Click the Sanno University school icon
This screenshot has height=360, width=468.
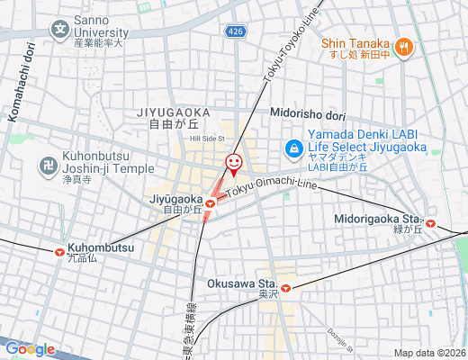pyautogui.click(x=58, y=30)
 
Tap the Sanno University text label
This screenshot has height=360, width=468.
pyautogui.click(x=102, y=31)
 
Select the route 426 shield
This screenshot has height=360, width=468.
pyautogui.click(x=234, y=31)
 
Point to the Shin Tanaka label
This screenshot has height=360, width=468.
pyautogui.click(x=356, y=43)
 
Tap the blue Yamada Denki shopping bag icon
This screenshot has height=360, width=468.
pyautogui.click(x=292, y=148)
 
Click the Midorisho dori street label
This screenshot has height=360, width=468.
pyautogui.click(x=308, y=114)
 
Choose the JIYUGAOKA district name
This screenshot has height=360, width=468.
pyautogui.click(x=174, y=112)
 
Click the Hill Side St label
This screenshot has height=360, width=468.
pyautogui.click(x=206, y=139)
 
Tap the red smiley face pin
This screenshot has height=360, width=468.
pyautogui.click(x=233, y=163)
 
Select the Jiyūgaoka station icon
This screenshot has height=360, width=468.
pyautogui.click(x=210, y=204)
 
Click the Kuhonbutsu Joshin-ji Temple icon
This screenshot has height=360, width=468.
pyautogui.click(x=47, y=166)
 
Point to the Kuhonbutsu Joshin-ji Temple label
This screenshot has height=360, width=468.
pyautogui.click(x=109, y=166)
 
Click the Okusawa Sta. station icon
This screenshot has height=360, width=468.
pyautogui.click(x=285, y=289)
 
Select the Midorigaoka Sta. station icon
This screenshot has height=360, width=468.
pyautogui.click(x=431, y=222)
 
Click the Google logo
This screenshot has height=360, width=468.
pyautogui.click(x=30, y=348)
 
